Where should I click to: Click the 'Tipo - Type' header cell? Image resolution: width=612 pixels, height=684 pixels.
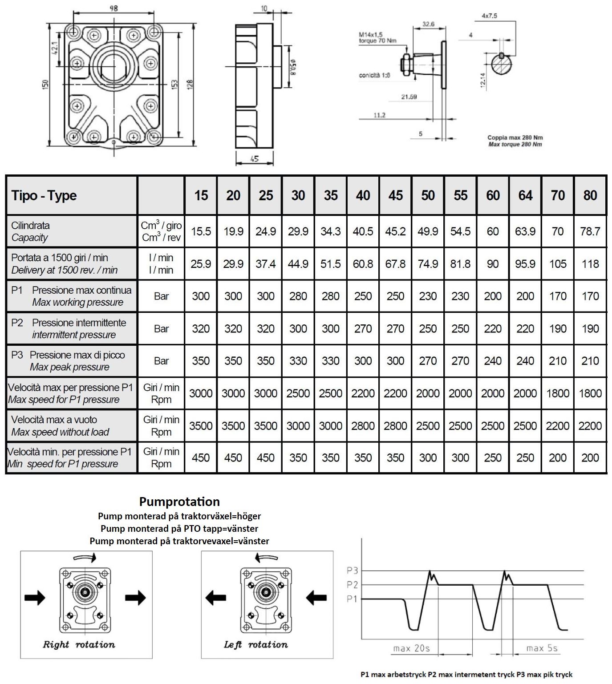click(44, 196)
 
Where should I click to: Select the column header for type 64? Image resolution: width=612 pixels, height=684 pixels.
click(525, 195)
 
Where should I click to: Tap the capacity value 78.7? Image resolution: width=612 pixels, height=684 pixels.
click(590, 231)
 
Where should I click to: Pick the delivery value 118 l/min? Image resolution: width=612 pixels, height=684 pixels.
click(590, 264)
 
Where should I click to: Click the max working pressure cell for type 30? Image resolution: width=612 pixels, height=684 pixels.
click(298, 296)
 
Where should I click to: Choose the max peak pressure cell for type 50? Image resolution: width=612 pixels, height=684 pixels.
click(428, 361)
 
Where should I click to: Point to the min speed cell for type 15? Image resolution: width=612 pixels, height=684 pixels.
click(201, 458)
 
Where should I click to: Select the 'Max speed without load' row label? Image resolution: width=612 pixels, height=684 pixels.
click(60, 432)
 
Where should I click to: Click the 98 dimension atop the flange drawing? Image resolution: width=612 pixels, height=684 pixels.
click(114, 8)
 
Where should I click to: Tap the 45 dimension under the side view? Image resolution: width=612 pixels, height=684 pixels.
click(255, 159)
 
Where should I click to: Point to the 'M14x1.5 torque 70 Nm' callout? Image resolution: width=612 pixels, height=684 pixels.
click(377, 37)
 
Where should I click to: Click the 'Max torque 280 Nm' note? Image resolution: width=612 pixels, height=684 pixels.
click(515, 145)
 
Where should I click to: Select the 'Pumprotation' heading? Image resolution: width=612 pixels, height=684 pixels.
click(179, 502)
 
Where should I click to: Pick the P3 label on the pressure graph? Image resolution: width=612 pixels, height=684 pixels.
click(352, 570)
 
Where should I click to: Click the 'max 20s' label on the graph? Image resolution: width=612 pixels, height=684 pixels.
click(411, 648)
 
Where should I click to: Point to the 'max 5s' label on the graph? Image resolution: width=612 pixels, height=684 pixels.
click(542, 648)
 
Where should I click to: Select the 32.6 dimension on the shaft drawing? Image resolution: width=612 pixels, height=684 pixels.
click(428, 24)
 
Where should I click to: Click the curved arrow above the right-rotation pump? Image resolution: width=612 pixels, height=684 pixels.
click(85, 558)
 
